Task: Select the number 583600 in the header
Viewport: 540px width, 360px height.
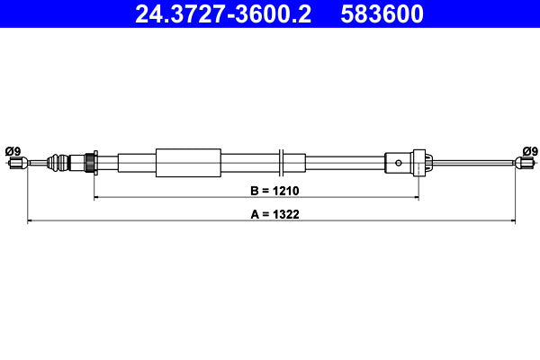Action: [382, 14]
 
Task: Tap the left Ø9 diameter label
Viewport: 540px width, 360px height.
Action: [13, 150]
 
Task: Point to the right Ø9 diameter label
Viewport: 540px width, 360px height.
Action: [529, 150]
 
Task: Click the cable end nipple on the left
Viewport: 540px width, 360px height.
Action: [15, 163]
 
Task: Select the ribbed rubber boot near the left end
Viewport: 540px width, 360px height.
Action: [58, 163]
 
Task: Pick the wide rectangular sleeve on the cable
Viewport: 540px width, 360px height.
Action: [188, 163]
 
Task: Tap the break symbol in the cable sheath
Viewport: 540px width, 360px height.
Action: [282, 163]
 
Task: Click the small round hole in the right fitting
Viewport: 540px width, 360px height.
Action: [400, 163]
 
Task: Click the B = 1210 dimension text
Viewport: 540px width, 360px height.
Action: [255, 190]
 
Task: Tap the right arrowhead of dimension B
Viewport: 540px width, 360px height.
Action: [415, 197]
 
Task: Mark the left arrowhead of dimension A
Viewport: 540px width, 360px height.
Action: [31, 220]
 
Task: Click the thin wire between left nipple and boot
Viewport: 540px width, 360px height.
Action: [36, 163]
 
